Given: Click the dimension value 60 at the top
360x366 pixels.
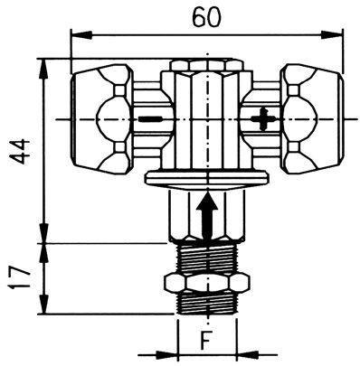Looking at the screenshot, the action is coord(207,17).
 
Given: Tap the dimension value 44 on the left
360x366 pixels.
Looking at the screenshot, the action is coord(20,152).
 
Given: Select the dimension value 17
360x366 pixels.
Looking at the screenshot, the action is coord(20,277).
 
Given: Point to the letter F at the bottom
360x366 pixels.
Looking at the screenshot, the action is coord(205,340).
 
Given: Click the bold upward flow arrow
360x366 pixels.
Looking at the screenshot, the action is coord(207,214).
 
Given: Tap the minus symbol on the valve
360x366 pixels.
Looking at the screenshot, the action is coord(151,120).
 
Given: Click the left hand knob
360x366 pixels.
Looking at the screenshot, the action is coord(101,119).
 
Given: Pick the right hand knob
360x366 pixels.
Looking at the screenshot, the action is coord(312,119).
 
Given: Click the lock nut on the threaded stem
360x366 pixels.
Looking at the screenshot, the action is coord(207,283).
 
